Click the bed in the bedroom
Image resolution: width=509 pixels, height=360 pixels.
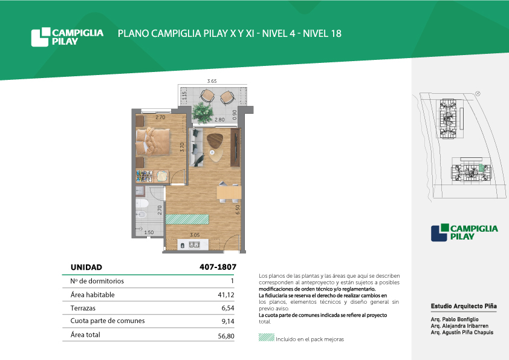tap(152, 142)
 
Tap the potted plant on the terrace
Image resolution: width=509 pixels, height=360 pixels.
tap(203, 113)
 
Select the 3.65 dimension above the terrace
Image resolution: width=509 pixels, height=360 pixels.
tap(212, 81)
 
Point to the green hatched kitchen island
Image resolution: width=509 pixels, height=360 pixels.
tap(187, 219)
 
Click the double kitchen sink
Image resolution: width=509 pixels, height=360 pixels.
tap(195, 245)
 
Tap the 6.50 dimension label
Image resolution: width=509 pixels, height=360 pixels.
tap(238, 209)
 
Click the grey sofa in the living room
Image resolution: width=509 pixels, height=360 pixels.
tap(196, 148)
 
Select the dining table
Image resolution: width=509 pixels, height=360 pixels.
tap(229, 192)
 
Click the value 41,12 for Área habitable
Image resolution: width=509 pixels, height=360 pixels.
tap(226, 295)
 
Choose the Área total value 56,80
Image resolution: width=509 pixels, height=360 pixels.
tap(226, 336)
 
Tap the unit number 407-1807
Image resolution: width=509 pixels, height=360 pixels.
tap(218, 267)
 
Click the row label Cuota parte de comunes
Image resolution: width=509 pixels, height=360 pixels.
tap(108, 321)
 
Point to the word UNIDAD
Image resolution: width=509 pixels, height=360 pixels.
tap(86, 267)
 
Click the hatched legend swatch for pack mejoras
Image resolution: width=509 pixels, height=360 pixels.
tap(267, 337)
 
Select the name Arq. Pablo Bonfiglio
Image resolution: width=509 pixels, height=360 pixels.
tap(455, 319)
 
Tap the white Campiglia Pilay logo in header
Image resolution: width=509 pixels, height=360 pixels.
tap(67, 37)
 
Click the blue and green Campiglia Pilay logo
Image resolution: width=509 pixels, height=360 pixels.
tap(464, 232)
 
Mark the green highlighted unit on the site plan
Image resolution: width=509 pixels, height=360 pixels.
tap(482, 168)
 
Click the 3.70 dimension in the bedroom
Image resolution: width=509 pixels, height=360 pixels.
tap(182, 147)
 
